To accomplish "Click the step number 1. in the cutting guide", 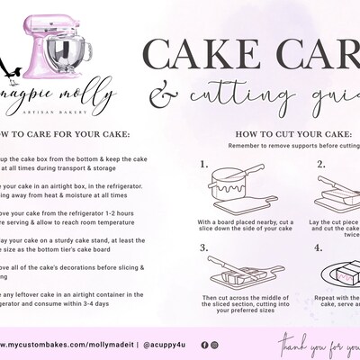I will coord(204,165).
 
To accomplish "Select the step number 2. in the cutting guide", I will coord(319,165).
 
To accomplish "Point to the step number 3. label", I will coord(204,246).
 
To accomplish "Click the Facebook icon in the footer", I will coord(204,345).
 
